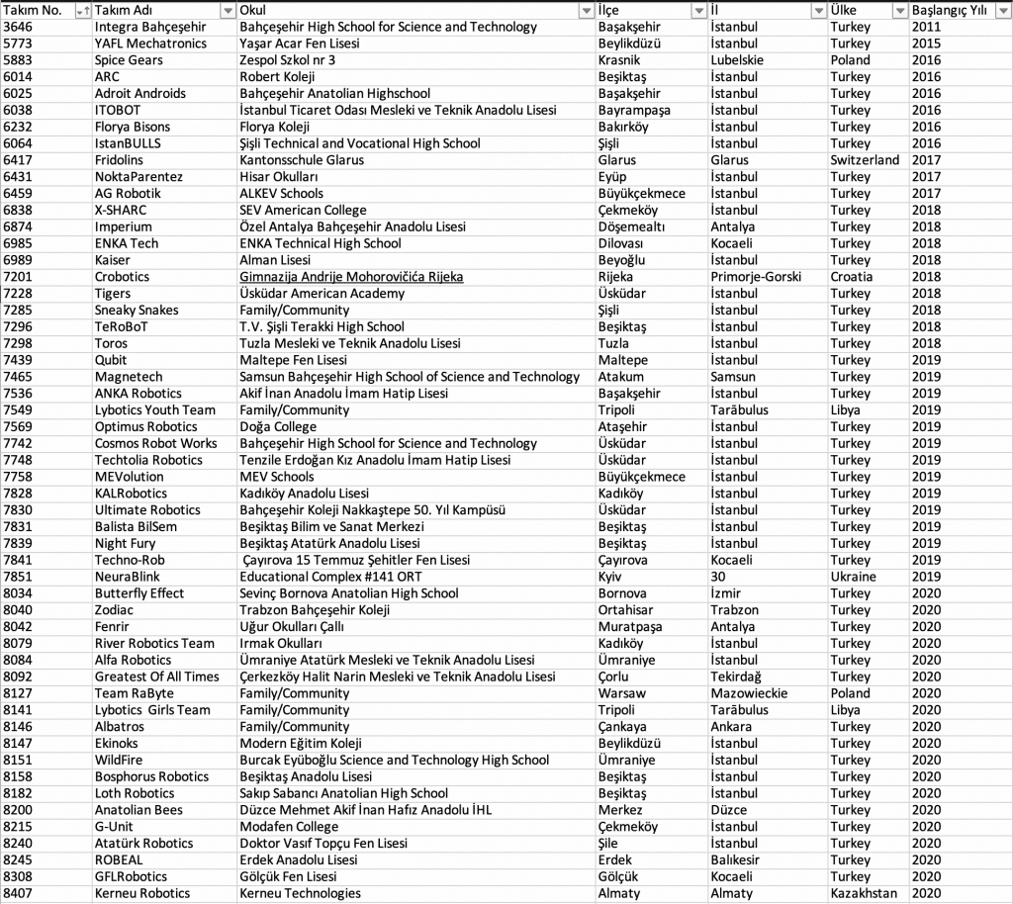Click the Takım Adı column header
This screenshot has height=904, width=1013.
pyautogui.click(x=119, y=10)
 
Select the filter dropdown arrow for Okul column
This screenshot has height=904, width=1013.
pyautogui.click(x=586, y=10)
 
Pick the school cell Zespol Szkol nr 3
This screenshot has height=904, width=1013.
pyautogui.click(x=287, y=60)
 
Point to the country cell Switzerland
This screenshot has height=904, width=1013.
pyautogui.click(x=865, y=160)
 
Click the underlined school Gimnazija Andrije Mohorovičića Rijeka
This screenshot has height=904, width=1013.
pyautogui.click(x=351, y=277)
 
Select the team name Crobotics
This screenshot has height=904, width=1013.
pyautogui.click(x=122, y=277)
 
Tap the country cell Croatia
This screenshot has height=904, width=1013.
pyautogui.click(x=851, y=277)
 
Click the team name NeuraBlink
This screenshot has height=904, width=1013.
pyautogui.click(x=127, y=577)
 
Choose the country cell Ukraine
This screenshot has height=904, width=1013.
pyautogui.click(x=853, y=577)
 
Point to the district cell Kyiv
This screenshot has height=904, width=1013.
pyautogui.click(x=610, y=577)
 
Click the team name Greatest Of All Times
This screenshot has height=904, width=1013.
pyautogui.click(x=156, y=677)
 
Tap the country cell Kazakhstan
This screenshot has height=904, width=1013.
pyautogui.click(x=864, y=893)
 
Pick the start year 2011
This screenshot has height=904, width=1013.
pyautogui.click(x=926, y=27)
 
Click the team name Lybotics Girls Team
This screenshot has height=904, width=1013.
pyautogui.click(x=152, y=710)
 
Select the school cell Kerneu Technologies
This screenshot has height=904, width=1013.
pyautogui.click(x=300, y=893)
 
